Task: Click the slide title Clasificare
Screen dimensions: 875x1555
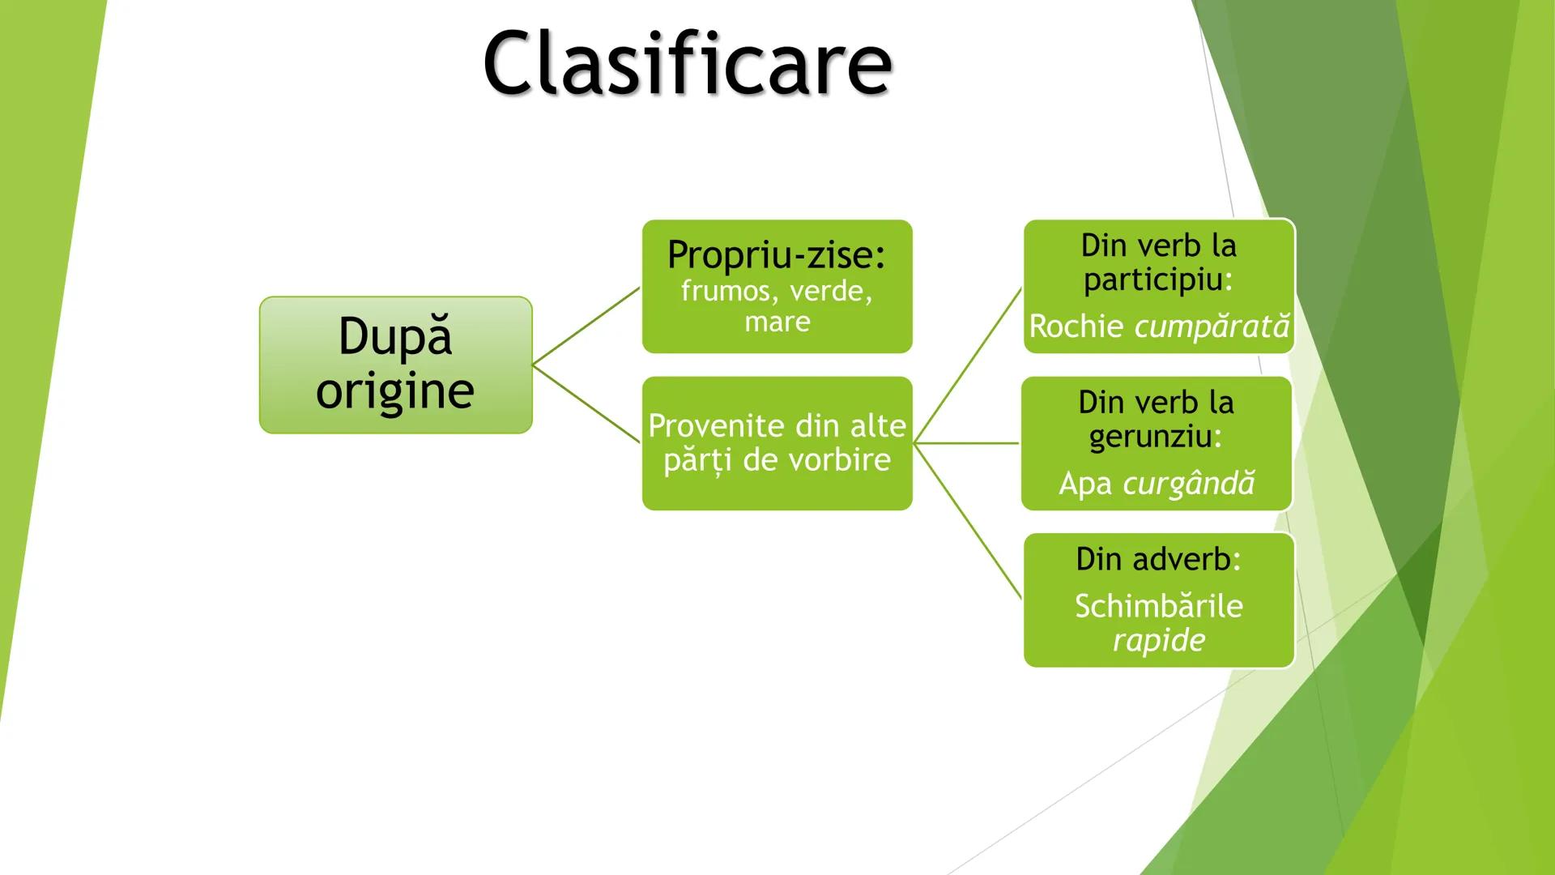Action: pyautogui.click(x=687, y=63)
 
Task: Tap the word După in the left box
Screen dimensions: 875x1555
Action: pyautogui.click(x=394, y=336)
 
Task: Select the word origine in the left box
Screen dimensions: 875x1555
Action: pyautogui.click(x=394, y=391)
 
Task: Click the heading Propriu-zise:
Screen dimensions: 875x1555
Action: pyautogui.click(x=777, y=254)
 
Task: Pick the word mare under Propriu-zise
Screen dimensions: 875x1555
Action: pyautogui.click(x=777, y=322)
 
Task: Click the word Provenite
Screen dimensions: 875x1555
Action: pyautogui.click(x=705, y=426)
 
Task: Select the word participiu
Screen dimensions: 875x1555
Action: pyautogui.click(x=1153, y=280)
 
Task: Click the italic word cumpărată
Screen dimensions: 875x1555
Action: pyautogui.click(x=1212, y=327)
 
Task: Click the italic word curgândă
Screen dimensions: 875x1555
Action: pyautogui.click(x=1188, y=484)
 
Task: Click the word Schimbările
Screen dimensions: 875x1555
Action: pyautogui.click(x=1158, y=606)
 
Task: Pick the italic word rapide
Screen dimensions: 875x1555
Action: pyautogui.click(x=1158, y=640)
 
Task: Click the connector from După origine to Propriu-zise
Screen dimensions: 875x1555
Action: pyautogui.click(x=586, y=327)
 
